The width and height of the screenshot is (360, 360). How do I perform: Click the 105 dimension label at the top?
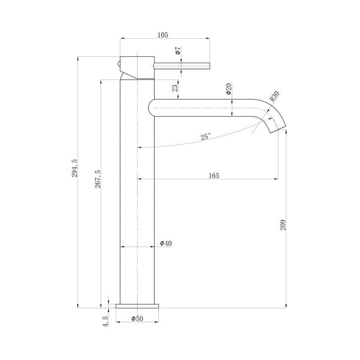point(163,35)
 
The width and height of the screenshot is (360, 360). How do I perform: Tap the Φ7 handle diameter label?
point(178,51)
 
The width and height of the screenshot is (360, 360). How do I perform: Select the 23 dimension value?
point(175,88)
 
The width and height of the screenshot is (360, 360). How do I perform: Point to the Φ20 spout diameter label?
point(229,89)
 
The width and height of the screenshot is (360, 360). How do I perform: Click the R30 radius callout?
point(274,96)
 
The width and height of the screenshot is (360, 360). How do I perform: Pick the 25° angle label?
point(205,136)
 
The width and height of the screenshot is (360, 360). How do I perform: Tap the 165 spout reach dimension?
point(214,175)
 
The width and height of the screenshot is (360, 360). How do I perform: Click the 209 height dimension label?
point(283,225)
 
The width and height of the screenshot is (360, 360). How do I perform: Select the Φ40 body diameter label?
point(166,243)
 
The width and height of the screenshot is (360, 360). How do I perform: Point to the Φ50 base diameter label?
point(137,319)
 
